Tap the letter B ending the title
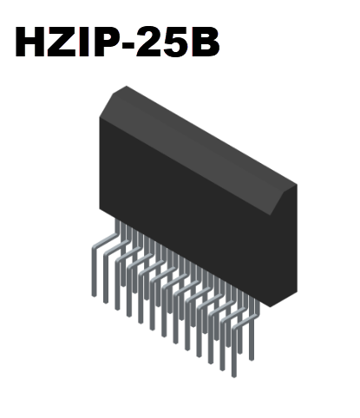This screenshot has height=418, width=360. pyautogui.click(x=206, y=42)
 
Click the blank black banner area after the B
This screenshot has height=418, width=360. pyautogui.click(x=252, y=42)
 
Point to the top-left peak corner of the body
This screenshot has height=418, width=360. pyautogui.click(x=127, y=87)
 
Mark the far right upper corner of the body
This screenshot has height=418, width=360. pyautogui.click(x=296, y=185)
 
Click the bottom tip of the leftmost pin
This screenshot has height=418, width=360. pyautogui.click(x=95, y=295)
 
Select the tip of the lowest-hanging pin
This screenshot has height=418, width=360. pyautogui.click(x=233, y=374)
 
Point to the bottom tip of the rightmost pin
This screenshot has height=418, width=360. pyautogui.click(x=252, y=358)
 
